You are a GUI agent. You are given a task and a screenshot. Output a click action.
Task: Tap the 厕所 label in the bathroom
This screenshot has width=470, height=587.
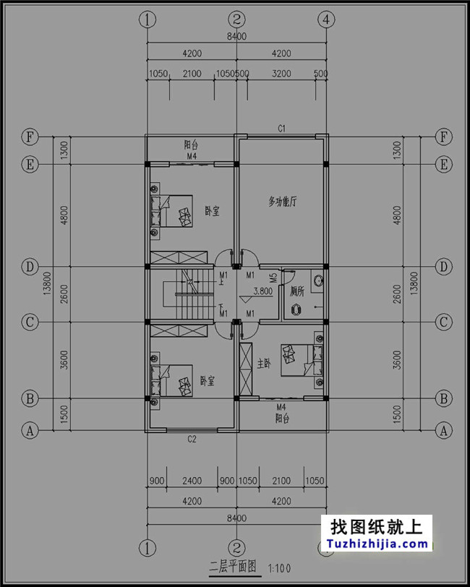click(297, 292)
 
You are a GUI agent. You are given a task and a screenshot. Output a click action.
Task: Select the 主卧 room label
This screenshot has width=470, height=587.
click(264, 364)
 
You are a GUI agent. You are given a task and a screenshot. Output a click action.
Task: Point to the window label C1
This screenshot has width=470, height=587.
click(283, 128)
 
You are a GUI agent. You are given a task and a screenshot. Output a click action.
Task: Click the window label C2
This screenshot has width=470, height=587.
click(192, 439)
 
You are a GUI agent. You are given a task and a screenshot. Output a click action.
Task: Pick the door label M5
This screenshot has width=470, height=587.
click(273, 277)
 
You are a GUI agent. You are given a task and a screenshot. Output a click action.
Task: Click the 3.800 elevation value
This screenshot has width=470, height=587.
click(262, 292)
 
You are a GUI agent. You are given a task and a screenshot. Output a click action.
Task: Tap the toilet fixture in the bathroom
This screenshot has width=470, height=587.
click(296, 309)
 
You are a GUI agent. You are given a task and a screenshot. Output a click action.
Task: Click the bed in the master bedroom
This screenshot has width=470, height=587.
click(296, 360)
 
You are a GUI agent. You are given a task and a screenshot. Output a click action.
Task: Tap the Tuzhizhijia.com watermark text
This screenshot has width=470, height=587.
click(377, 544)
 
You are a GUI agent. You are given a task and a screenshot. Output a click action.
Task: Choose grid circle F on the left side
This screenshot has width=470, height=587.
click(30, 137)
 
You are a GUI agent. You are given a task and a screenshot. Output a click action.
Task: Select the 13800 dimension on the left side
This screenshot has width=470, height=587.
click(47, 283)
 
